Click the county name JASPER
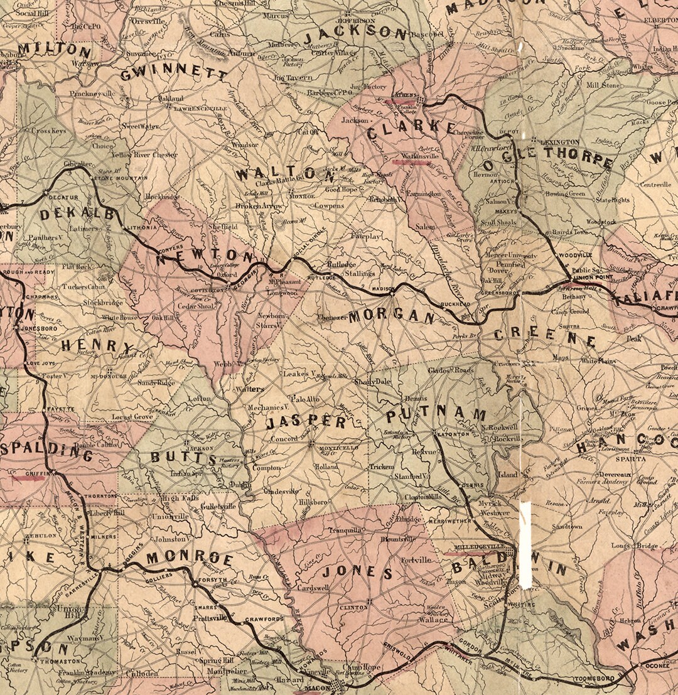[x=306, y=423]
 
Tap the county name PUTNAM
[x=436, y=415]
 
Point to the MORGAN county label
[x=392, y=316]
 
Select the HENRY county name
[x=97, y=346]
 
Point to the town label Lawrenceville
[x=194, y=109]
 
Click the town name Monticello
[x=339, y=448]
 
